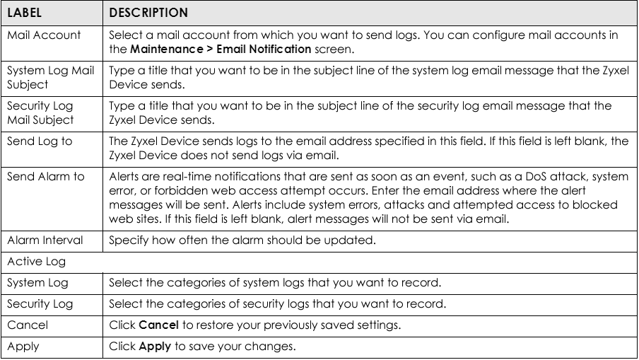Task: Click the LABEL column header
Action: point(25,13)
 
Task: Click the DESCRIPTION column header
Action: point(148,13)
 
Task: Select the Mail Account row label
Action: point(44,35)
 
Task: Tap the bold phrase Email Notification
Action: point(264,49)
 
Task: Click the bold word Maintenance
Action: point(167,49)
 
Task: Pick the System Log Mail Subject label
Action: point(50,78)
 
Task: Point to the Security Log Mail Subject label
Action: point(40,113)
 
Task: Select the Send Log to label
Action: point(40,141)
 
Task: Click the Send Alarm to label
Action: point(46,177)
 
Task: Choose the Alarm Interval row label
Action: point(45,240)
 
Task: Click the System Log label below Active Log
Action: point(37,282)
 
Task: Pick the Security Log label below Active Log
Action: point(40,303)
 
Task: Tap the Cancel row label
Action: point(28,325)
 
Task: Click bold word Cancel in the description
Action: point(158,325)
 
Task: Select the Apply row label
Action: point(23,347)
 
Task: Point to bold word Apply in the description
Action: point(155,347)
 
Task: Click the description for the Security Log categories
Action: point(278,303)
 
